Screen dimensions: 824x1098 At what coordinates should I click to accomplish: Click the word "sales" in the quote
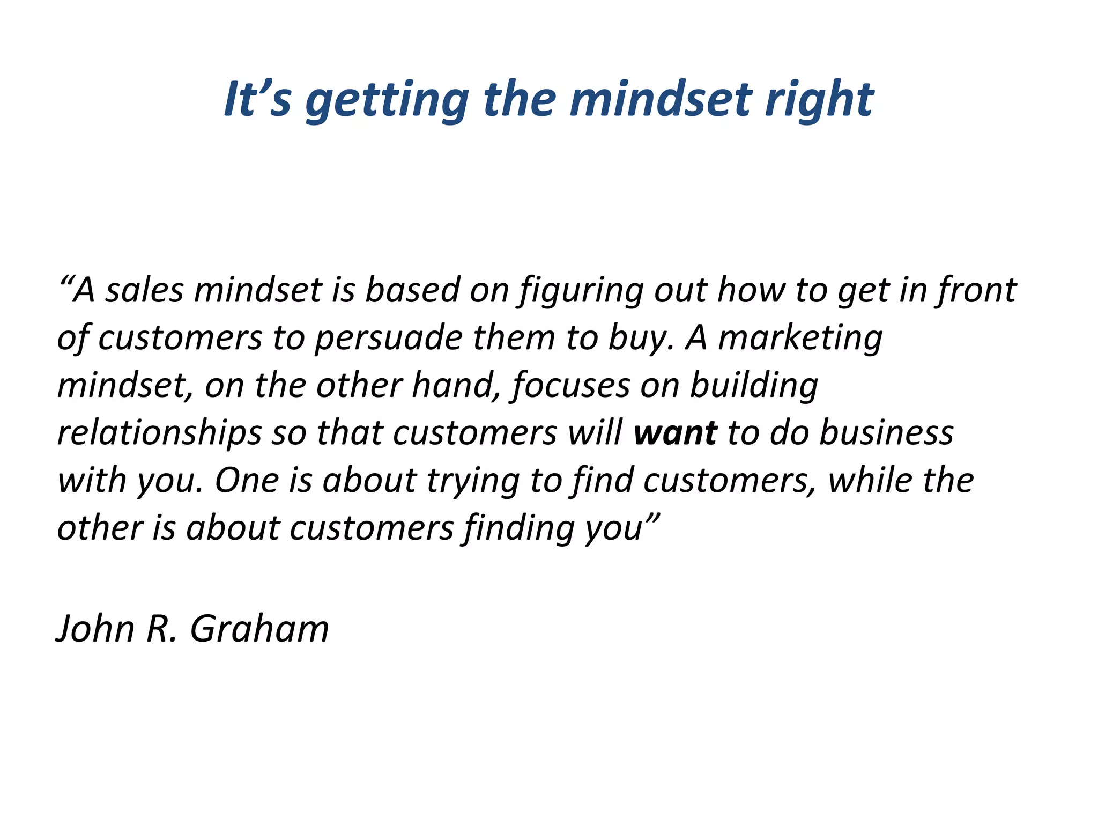pyautogui.click(x=144, y=290)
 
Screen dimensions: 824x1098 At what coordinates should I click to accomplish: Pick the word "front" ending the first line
pyautogui.click(x=976, y=290)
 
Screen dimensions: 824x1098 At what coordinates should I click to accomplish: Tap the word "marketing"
pyautogui.click(x=800, y=339)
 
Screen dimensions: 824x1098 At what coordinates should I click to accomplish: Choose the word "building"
pyautogui.click(x=754, y=386)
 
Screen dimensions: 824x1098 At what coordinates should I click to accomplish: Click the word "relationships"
pyautogui.click(x=159, y=433)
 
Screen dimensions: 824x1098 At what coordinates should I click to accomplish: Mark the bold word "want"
pyautogui.click(x=675, y=433)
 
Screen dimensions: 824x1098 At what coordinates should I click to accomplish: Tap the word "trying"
pyautogui.click(x=473, y=481)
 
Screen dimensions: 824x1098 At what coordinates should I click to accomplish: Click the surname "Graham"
pyautogui.click(x=259, y=629)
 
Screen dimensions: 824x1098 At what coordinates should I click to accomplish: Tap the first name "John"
pyautogui.click(x=95, y=629)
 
